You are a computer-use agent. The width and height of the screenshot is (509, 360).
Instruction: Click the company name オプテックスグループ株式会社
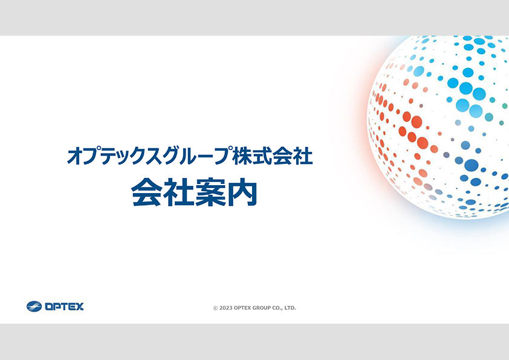point(190,155)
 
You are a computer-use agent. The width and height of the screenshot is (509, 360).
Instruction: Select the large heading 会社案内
point(195,192)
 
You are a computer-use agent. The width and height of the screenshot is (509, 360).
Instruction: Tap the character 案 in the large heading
point(210,192)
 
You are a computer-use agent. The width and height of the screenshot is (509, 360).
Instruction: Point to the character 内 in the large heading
point(242,192)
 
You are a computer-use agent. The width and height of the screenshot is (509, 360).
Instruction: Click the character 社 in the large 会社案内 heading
point(178,192)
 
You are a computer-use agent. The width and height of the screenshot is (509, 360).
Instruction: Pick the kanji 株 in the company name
point(242,155)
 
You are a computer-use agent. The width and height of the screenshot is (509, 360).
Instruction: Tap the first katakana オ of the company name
point(75,156)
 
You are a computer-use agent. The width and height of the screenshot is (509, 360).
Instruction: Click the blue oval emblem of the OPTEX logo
point(34,306)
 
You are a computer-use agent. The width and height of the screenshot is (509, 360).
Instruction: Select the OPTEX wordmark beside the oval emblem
point(64,306)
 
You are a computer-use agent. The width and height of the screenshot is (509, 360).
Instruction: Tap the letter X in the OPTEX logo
point(80,306)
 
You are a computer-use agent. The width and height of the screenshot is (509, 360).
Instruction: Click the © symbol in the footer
point(215,308)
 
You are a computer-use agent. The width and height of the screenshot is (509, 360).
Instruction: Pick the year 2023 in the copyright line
point(225,308)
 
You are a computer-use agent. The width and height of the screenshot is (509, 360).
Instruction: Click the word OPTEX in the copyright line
point(242,308)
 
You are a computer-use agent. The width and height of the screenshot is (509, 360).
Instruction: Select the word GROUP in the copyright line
point(262,308)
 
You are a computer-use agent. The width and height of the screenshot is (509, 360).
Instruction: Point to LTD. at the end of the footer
point(291,308)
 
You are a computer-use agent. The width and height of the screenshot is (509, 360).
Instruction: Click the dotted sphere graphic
point(438,126)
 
